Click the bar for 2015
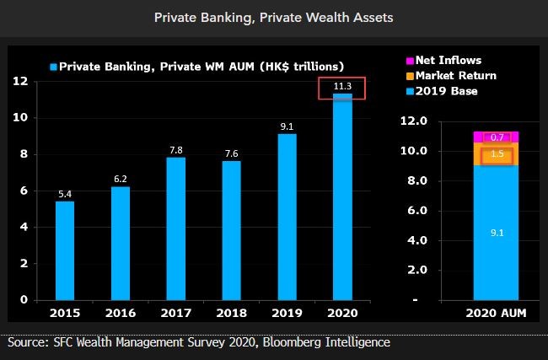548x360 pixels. point(65,250)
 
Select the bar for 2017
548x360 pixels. point(176,228)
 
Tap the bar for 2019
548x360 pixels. point(287,217)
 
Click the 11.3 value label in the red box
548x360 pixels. point(342,86)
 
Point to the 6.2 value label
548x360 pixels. point(121,179)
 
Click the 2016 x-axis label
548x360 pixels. point(121,313)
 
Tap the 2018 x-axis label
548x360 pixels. point(232,313)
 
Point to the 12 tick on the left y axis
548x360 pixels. point(21,81)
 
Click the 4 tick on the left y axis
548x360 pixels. point(24,227)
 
